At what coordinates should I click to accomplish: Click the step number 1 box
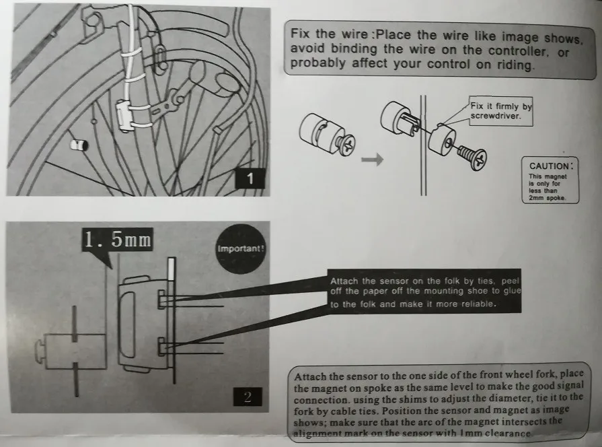point(250,178)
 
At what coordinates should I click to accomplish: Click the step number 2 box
point(248,397)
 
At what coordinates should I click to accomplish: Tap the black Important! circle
point(240,248)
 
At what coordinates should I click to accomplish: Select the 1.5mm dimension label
point(118,240)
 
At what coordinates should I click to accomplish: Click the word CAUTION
point(549,166)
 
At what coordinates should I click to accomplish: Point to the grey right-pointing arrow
point(372,159)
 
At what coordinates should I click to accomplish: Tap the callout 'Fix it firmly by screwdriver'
point(501,111)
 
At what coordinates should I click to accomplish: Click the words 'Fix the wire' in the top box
point(329,34)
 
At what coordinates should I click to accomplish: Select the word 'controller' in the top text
point(517,50)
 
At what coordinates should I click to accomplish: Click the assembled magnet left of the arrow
point(327,136)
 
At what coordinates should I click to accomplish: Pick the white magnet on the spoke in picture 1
point(79,145)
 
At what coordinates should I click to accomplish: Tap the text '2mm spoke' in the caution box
point(547,198)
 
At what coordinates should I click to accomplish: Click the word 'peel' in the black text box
point(510,281)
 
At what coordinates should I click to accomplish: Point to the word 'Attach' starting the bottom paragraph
point(310,376)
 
